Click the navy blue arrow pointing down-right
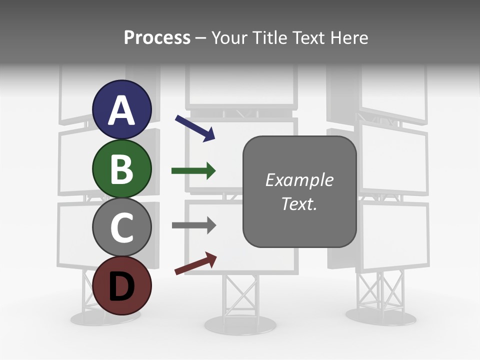(x=195, y=128)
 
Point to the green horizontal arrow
(x=193, y=171)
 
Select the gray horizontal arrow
(x=193, y=225)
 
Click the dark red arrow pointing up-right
(x=195, y=263)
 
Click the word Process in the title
(x=157, y=37)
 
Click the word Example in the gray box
(x=299, y=180)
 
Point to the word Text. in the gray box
(x=299, y=203)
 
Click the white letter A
(x=122, y=111)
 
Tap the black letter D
(x=122, y=286)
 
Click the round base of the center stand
(x=240, y=325)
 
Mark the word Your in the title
(x=229, y=37)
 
